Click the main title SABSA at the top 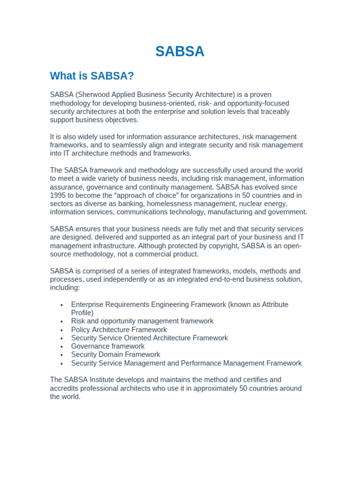(x=180, y=52)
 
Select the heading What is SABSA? (x=92, y=76)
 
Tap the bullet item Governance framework (x=108, y=346)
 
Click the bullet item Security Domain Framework (x=116, y=354)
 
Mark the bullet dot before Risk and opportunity (x=62, y=322)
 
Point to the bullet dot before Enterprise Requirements (x=62, y=305)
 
